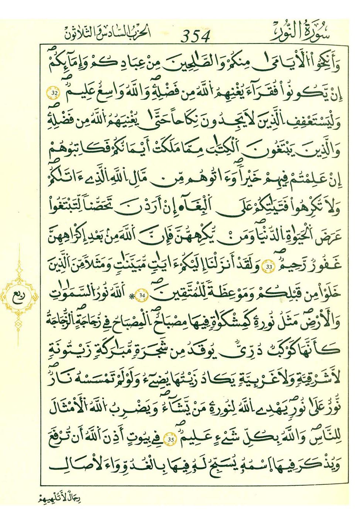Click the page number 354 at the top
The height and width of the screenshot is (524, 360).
(196, 36)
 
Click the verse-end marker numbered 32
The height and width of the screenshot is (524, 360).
(54, 93)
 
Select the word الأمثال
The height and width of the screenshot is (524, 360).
(69, 408)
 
